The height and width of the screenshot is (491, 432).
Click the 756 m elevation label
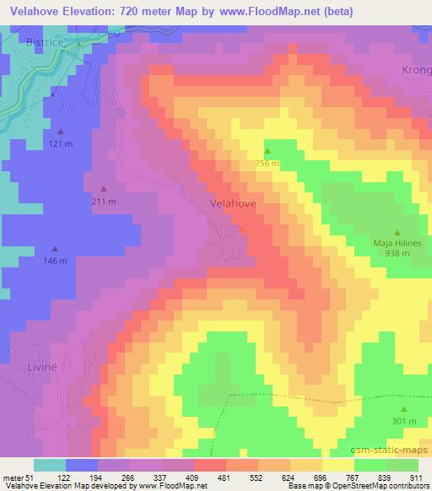[267, 163]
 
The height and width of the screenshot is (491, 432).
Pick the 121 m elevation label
[61, 144]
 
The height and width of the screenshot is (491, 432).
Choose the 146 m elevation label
[55, 262]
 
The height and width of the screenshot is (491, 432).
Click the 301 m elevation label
[404, 421]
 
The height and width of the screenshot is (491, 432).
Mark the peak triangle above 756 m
[267, 151]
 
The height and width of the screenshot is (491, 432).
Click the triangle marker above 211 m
[103, 189]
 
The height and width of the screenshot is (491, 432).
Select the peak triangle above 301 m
[404, 408]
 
